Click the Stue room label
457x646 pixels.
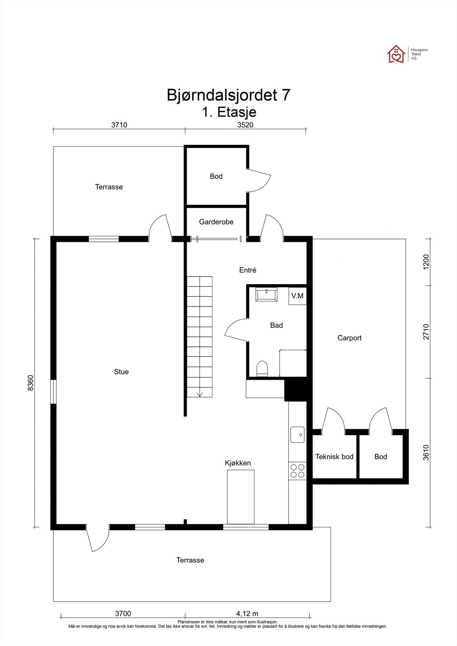point(121,372)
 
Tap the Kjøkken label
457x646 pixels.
point(238,463)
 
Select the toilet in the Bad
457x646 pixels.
point(262,369)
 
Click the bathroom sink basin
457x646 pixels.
point(266,294)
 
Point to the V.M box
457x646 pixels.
point(297,296)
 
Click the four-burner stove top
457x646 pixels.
point(297,471)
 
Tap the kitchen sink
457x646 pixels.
point(297,434)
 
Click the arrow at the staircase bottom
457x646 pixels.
point(200,394)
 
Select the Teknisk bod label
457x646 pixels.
point(334,457)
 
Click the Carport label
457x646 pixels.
point(350,338)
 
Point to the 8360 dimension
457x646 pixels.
point(31,383)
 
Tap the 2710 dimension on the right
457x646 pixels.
point(426,331)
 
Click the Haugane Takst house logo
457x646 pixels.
point(396,54)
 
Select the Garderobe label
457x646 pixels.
point(216,222)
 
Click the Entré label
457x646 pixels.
point(248,270)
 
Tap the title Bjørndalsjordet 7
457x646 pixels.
point(228,95)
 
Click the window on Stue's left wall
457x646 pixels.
point(53,392)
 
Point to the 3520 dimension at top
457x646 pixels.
point(245,125)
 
